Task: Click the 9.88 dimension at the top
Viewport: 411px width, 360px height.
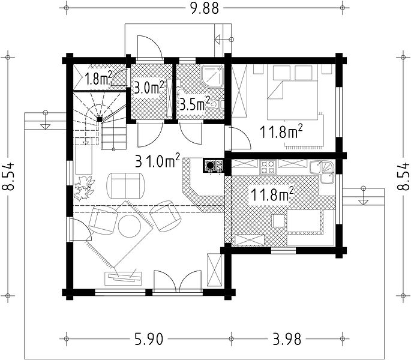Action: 204,8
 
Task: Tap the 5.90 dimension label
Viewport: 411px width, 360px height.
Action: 149,339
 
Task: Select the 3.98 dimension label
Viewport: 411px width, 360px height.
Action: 287,339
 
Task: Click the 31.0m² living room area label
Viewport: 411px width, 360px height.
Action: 158,161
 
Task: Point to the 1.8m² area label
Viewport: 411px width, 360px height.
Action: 98,78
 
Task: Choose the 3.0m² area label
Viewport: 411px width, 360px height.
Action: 149,88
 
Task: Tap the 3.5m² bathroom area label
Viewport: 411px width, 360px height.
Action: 195,104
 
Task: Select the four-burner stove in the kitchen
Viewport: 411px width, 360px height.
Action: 268,167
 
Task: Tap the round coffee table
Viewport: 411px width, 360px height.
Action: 130,226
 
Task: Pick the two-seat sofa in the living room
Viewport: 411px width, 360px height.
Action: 125,185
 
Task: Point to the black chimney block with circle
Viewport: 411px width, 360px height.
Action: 209,166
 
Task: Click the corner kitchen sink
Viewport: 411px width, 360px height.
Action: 322,172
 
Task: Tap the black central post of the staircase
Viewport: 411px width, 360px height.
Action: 100,119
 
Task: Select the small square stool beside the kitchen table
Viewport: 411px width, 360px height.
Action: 278,221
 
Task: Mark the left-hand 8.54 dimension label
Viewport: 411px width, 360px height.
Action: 8,176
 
